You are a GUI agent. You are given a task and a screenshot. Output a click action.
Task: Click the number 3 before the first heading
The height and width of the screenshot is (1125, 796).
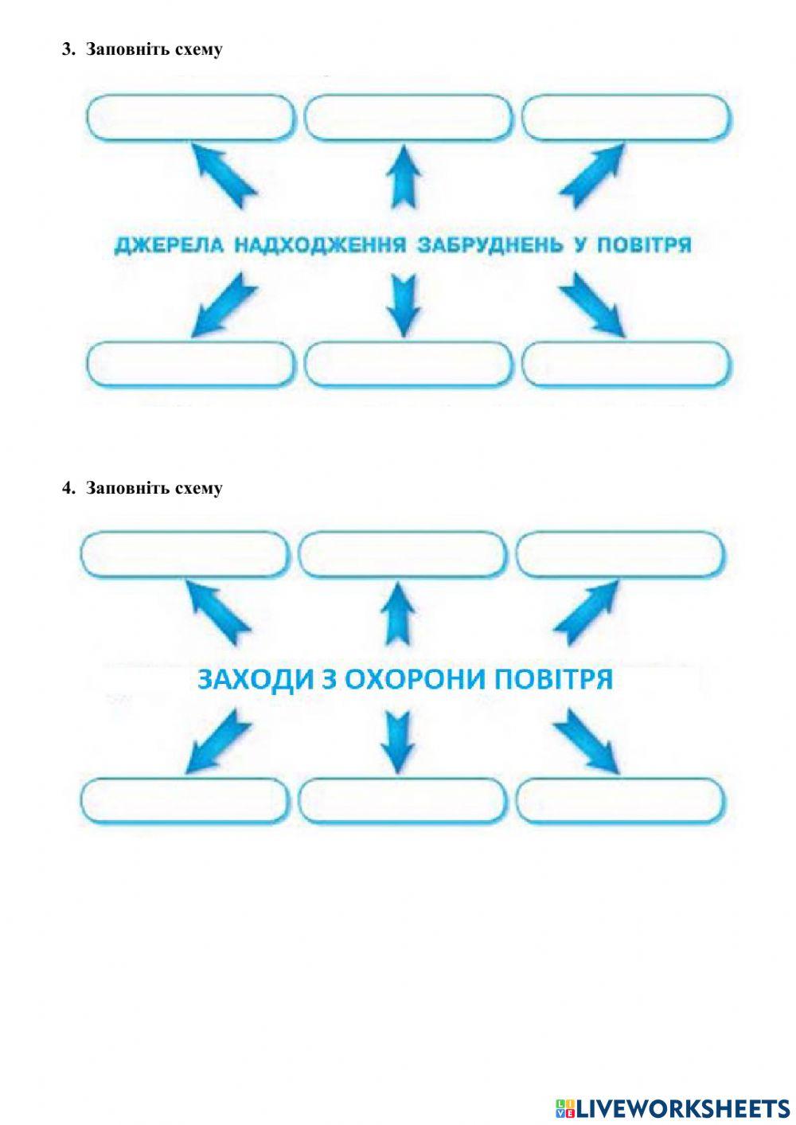(67, 49)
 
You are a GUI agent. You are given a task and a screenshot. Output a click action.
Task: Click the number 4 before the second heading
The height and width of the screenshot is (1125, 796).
(67, 488)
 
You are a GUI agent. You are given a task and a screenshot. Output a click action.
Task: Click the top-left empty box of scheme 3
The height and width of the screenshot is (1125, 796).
(190, 118)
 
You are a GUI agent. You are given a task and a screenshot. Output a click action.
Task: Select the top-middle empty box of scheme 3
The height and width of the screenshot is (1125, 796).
(408, 118)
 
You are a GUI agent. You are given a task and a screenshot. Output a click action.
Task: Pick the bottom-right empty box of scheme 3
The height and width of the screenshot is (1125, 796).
(626, 364)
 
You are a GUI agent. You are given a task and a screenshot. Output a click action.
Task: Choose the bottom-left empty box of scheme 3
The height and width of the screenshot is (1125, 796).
(190, 364)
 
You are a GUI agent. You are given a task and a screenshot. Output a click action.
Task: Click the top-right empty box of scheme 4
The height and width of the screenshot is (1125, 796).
(619, 554)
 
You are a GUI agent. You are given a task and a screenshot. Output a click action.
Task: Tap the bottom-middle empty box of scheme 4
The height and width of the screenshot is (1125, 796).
(402, 800)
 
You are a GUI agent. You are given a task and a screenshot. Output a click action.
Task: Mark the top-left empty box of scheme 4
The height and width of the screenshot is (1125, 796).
(184, 554)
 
